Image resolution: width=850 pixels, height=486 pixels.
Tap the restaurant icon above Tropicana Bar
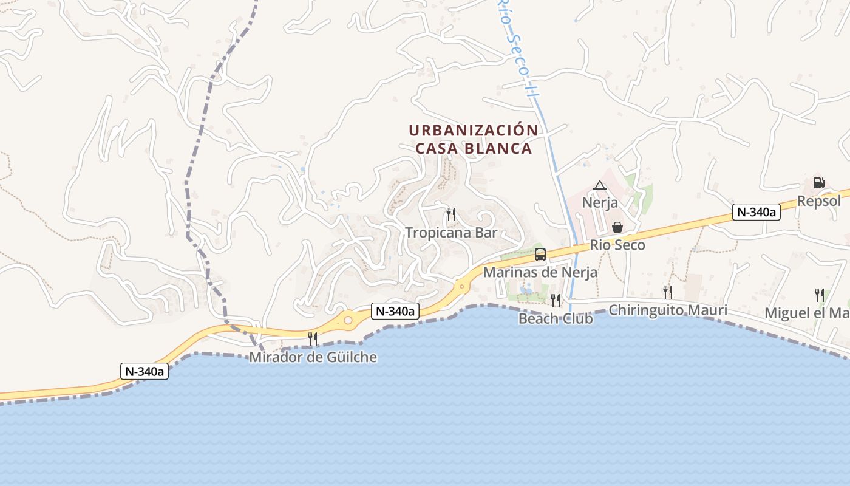pos(450,214)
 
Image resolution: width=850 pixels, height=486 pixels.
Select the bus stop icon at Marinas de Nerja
pos(540,255)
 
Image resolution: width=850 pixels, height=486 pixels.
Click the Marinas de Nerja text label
pos(540,273)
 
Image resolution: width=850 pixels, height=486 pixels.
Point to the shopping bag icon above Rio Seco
pos(617,227)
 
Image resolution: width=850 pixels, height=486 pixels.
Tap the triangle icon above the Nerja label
pos(600,186)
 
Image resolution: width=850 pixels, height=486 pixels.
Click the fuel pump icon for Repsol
pos(818,182)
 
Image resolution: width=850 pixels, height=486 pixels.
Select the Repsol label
pos(818,201)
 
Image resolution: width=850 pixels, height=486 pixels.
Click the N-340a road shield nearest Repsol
pos(756,212)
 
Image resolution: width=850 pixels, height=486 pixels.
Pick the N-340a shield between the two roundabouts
pos(395,311)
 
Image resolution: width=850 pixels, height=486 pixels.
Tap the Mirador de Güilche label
pos(313,357)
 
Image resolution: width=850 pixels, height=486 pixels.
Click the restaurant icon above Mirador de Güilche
pos(313,338)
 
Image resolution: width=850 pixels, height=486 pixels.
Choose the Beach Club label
pos(555,318)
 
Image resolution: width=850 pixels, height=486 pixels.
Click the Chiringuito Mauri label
pos(667,310)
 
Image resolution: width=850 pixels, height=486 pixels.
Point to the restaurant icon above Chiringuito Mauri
pos(667,292)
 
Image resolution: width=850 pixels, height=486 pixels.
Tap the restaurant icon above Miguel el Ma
pos(820,295)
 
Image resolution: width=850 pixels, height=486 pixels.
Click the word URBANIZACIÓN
pos(473,131)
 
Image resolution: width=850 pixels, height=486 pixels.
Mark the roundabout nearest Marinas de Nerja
pos(462,286)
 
